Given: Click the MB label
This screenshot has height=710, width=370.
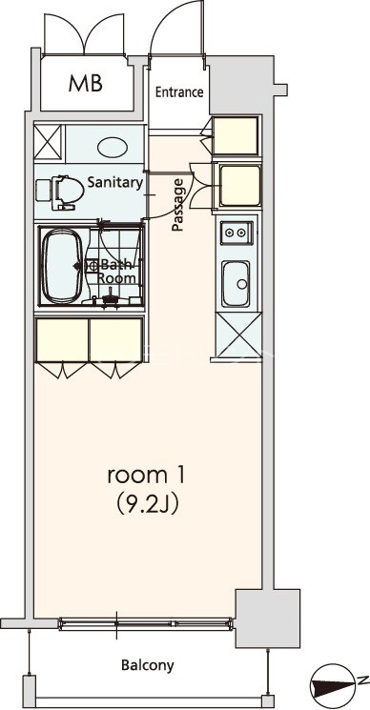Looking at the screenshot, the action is [86, 83].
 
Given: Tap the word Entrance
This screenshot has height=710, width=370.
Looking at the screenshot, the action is [179, 92].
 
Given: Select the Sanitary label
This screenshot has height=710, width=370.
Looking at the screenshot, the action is [115, 183].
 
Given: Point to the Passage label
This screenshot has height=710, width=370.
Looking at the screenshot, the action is [179, 205].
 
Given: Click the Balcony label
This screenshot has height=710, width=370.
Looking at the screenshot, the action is [148, 665].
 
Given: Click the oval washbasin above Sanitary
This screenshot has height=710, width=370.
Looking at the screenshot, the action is [113, 148].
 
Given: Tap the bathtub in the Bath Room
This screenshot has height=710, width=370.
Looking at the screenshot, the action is [63, 266].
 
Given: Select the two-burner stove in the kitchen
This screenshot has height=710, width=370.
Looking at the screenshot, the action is [236, 233].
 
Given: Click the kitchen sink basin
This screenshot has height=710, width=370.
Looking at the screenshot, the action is [236, 283].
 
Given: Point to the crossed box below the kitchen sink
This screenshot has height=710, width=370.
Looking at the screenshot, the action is [238, 335].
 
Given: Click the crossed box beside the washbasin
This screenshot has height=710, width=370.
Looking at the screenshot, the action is [48, 142].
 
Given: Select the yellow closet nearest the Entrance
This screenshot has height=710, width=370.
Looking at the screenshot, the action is [236, 135].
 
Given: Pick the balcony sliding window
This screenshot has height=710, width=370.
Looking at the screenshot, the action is [146, 624].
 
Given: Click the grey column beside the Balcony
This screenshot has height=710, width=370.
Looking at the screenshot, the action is [268, 619].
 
